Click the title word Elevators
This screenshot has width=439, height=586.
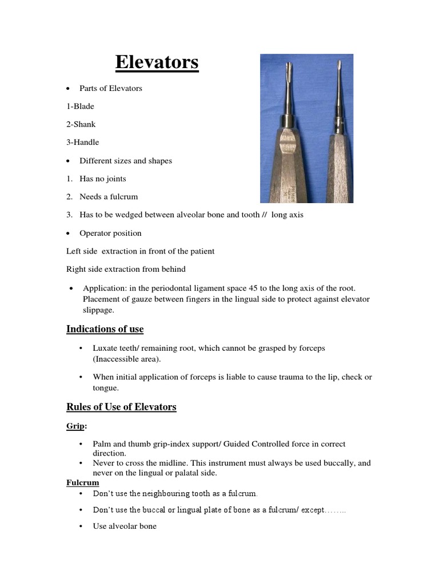click(x=157, y=62)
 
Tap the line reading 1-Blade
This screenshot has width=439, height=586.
click(x=80, y=106)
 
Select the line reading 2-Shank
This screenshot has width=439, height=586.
click(x=81, y=124)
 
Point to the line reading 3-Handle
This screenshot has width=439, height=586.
click(x=83, y=142)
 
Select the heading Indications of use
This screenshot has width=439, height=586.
click(x=105, y=329)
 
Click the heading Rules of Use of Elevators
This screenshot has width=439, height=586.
click(x=121, y=407)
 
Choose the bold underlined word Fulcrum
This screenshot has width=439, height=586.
click(x=83, y=483)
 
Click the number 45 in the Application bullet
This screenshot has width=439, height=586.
click(x=260, y=288)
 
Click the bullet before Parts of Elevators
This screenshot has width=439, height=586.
click(x=69, y=89)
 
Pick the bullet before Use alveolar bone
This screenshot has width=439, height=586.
click(x=82, y=526)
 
